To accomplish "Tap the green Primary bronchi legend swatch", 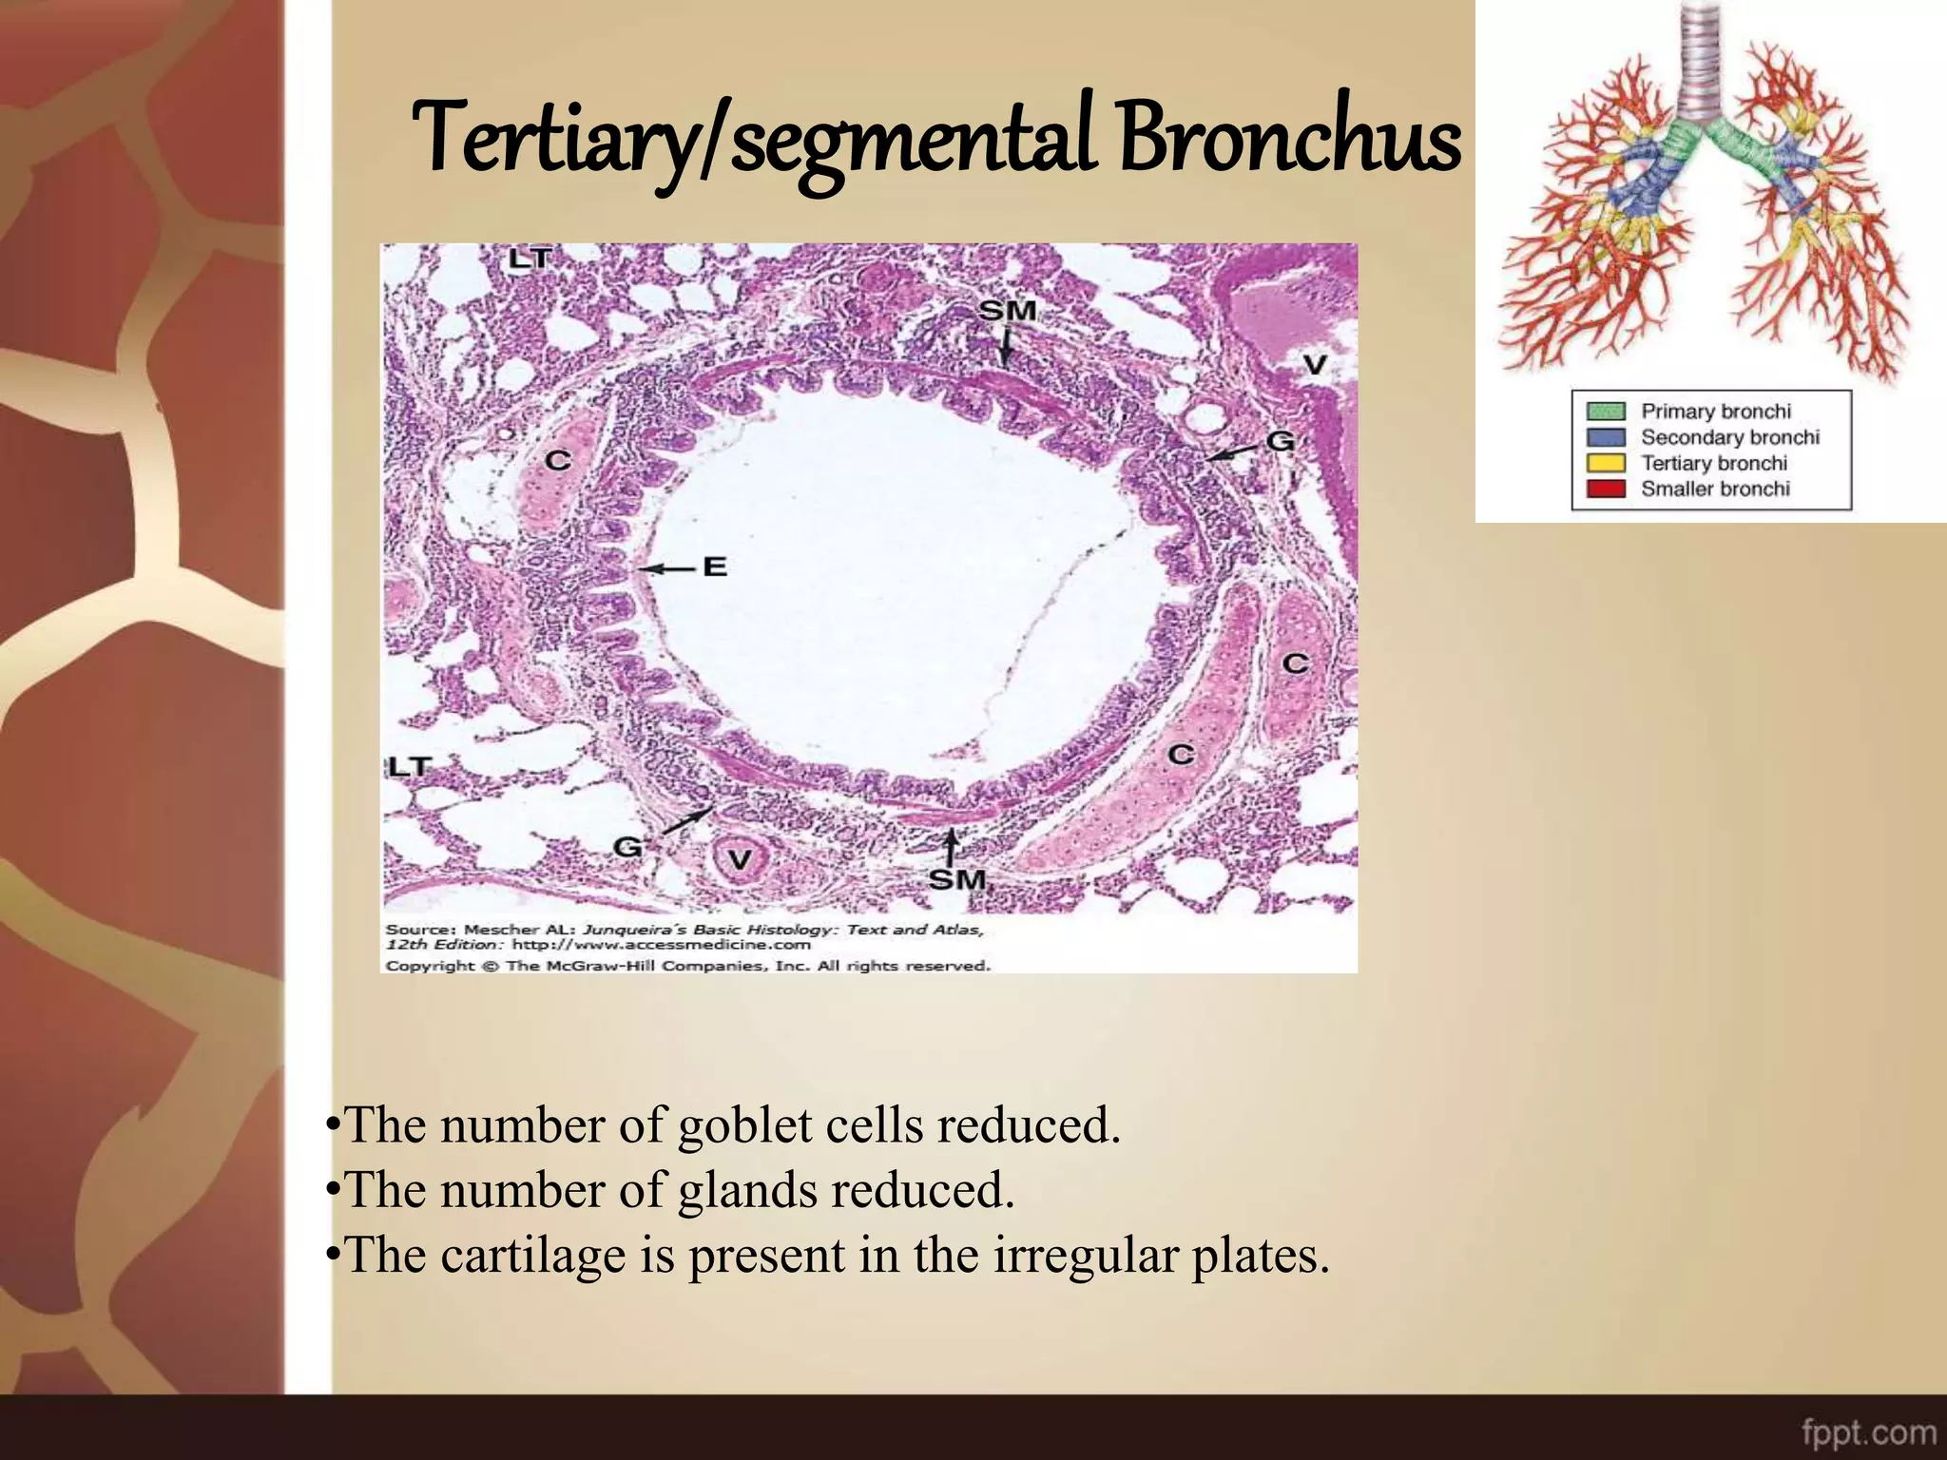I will coord(1606,411).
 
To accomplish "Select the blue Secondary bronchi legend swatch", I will coord(1606,437).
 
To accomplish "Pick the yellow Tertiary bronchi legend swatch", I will coord(1606,463).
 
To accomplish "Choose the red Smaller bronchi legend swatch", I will coord(1606,489).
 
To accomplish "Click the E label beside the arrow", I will coord(715,567).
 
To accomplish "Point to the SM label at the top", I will coord(1007,310).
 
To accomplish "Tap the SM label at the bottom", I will coord(956,879).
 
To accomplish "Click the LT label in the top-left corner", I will coord(530,258).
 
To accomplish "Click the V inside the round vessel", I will coord(739,860).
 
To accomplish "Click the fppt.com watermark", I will coord(1868,1431).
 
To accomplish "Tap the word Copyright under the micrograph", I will coord(430,966).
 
